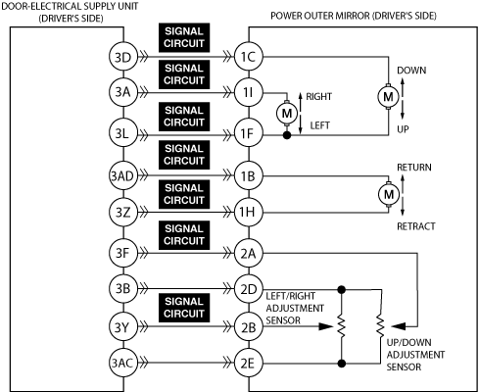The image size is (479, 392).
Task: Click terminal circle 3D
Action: [x=122, y=57]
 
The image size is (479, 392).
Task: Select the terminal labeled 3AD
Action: [x=122, y=176]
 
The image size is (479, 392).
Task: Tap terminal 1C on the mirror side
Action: [x=249, y=57]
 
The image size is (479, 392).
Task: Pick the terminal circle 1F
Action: [x=249, y=133]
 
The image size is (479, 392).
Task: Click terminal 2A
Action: [x=249, y=253]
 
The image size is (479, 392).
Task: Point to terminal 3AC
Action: [x=122, y=363]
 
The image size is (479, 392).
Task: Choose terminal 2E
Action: [x=249, y=363]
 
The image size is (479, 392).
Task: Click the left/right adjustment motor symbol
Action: [x=287, y=114]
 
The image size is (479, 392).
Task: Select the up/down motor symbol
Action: [x=388, y=96]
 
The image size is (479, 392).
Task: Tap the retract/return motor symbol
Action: [x=389, y=194]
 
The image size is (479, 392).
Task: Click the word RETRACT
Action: [x=416, y=226]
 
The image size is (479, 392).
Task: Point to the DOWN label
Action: [x=411, y=71]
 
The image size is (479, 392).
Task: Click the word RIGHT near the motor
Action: [x=318, y=97]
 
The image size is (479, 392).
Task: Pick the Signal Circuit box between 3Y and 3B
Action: [x=184, y=308]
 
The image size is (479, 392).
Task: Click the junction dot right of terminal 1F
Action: [x=287, y=135]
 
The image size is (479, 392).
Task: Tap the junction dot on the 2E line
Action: [x=342, y=363]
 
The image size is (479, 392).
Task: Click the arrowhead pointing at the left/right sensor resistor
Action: [x=325, y=326]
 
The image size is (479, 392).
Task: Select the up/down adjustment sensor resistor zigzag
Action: [x=380, y=325]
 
